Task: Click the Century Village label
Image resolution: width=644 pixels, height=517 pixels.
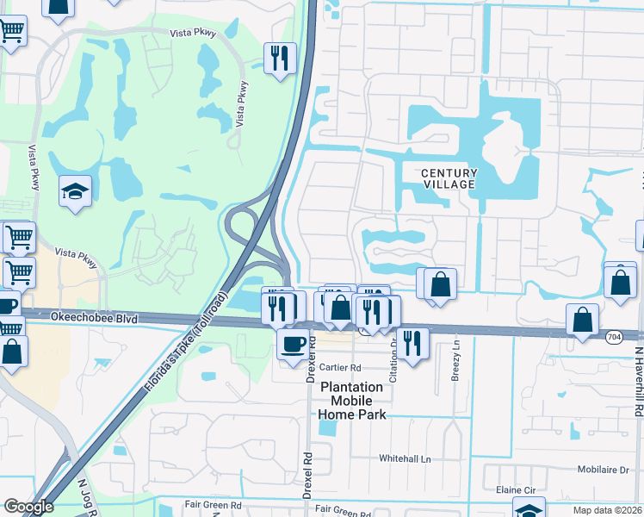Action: tap(449, 179)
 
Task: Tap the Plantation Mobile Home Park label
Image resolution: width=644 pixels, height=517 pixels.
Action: tap(351, 401)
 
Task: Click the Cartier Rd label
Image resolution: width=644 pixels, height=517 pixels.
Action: tap(339, 367)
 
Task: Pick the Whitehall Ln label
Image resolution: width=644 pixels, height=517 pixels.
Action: tap(404, 459)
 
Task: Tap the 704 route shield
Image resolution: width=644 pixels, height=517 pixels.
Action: tap(614, 335)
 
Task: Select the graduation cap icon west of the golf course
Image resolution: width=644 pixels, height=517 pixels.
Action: tap(76, 190)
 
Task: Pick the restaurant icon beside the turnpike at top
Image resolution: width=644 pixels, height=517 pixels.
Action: tap(280, 58)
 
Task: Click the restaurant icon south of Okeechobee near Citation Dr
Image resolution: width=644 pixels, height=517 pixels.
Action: tap(413, 343)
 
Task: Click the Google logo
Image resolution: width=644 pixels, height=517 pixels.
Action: tap(28, 507)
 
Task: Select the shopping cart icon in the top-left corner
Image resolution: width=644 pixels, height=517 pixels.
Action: tap(11, 32)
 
